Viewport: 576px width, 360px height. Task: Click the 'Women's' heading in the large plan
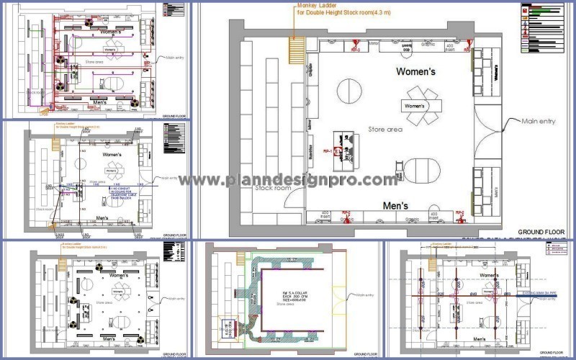click(x=416, y=72)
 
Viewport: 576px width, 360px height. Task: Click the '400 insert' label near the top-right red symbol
click(x=450, y=48)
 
